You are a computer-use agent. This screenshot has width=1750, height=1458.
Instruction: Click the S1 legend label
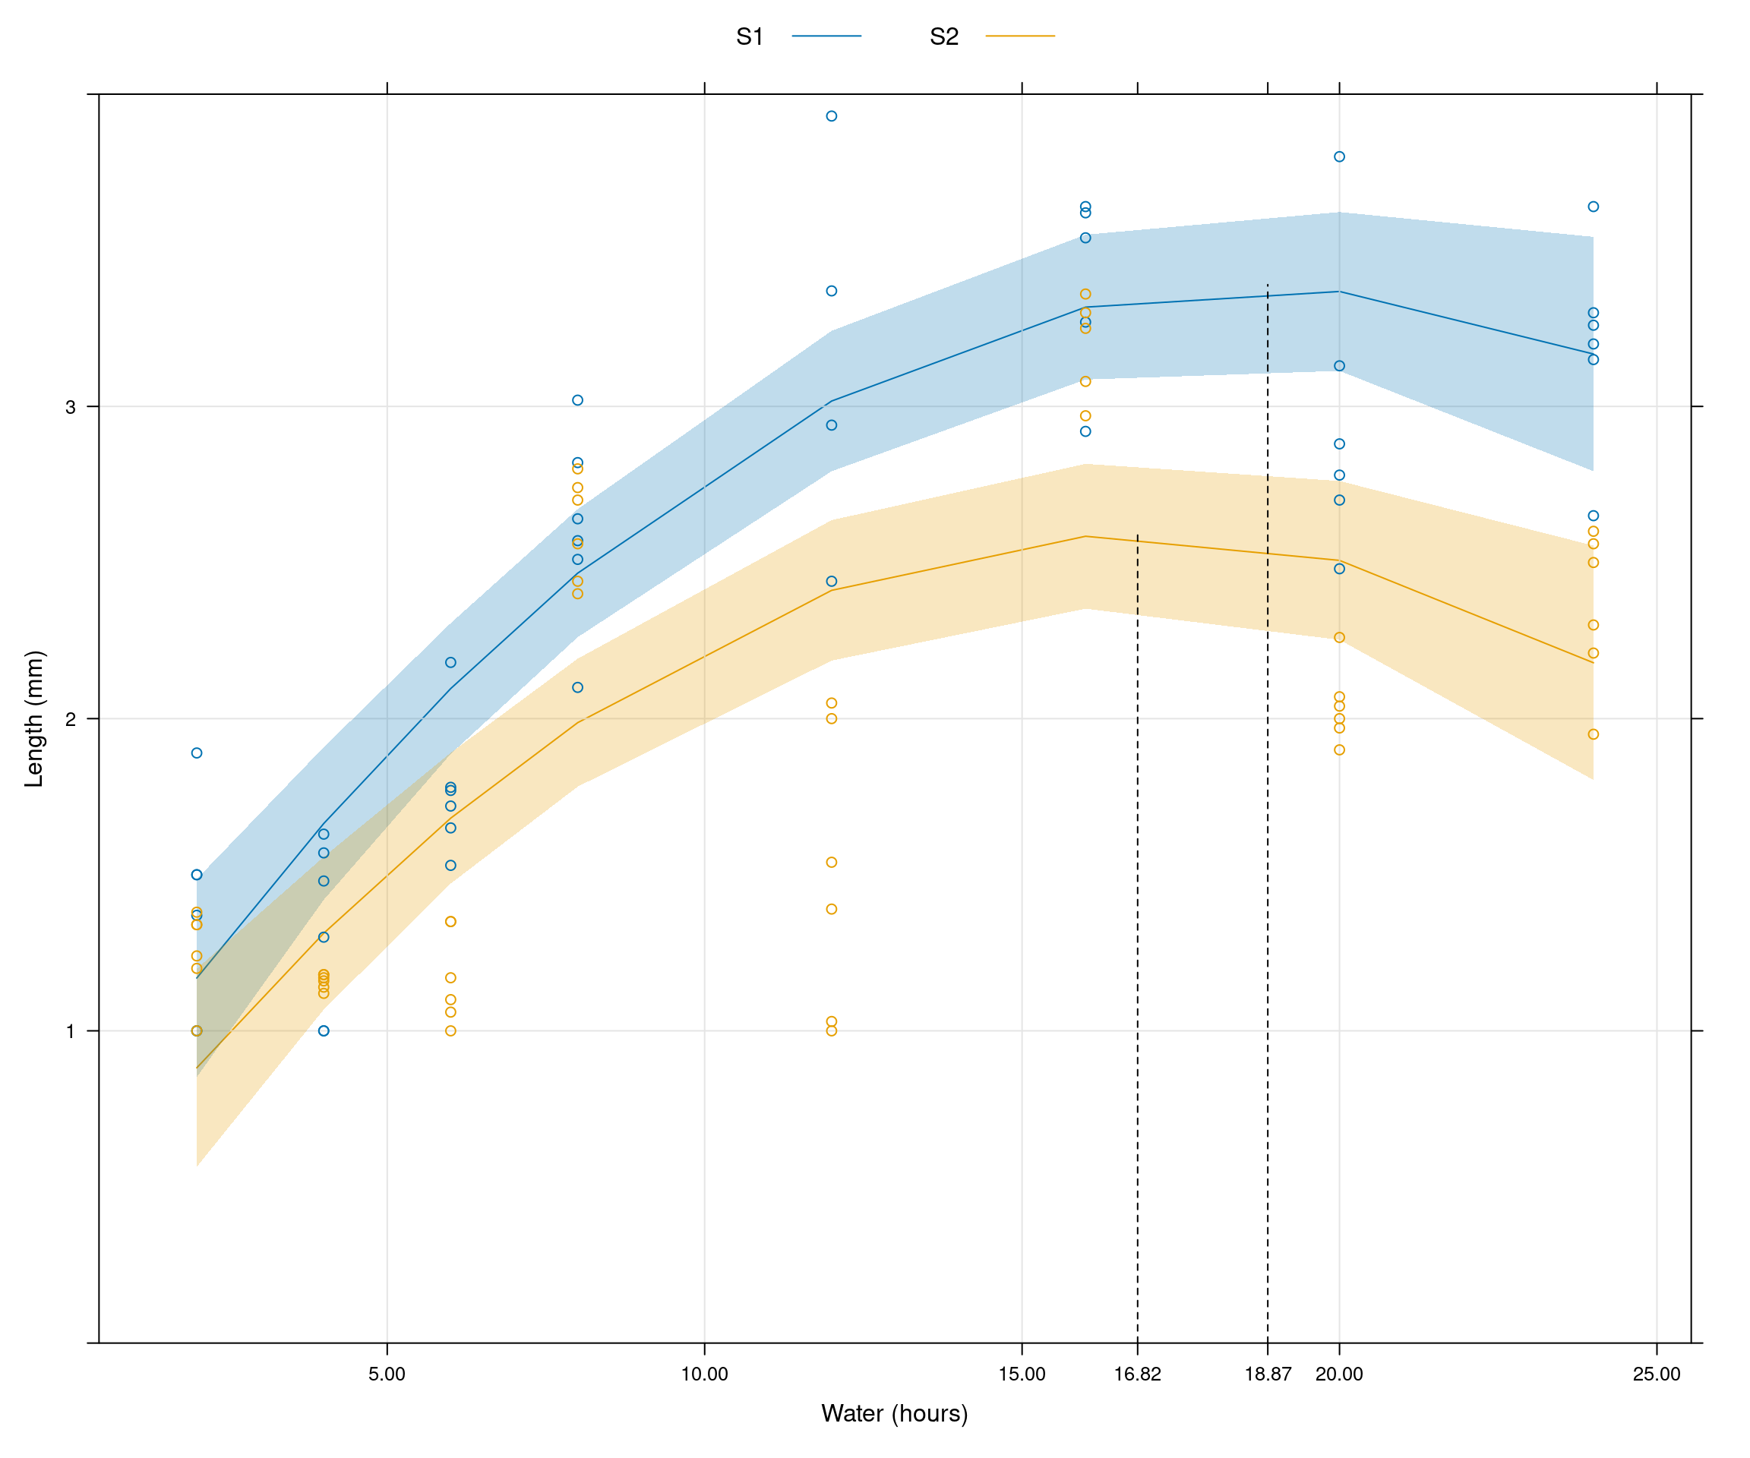[749, 36]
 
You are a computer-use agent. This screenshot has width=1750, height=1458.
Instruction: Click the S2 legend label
[944, 36]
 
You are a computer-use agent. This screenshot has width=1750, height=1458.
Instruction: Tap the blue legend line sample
[826, 36]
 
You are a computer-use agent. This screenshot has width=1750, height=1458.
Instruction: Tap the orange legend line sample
[1020, 36]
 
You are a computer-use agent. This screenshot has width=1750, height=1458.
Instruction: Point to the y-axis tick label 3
[70, 408]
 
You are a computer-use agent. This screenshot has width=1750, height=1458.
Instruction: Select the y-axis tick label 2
[70, 719]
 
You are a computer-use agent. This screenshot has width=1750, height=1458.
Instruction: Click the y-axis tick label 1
[70, 1031]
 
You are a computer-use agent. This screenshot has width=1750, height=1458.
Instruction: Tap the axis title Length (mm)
[34, 718]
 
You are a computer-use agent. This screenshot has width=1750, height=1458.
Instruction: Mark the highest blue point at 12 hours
[832, 117]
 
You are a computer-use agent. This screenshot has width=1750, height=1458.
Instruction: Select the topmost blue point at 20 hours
[1339, 156]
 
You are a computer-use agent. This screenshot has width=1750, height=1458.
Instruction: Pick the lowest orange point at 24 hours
[1594, 734]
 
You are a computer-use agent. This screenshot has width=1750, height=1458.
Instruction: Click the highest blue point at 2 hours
[197, 753]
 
